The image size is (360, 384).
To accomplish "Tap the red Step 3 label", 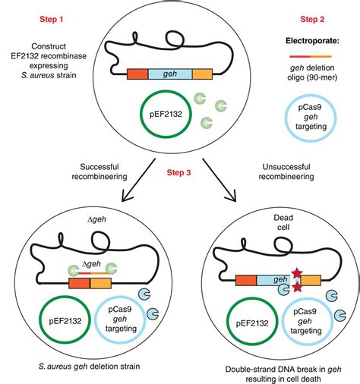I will pos(180,173).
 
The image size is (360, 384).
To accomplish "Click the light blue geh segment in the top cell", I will pos(170,74).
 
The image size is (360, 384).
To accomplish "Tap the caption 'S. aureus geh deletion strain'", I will pos(87,367).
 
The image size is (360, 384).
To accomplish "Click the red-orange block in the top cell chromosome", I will pos(137,74).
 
